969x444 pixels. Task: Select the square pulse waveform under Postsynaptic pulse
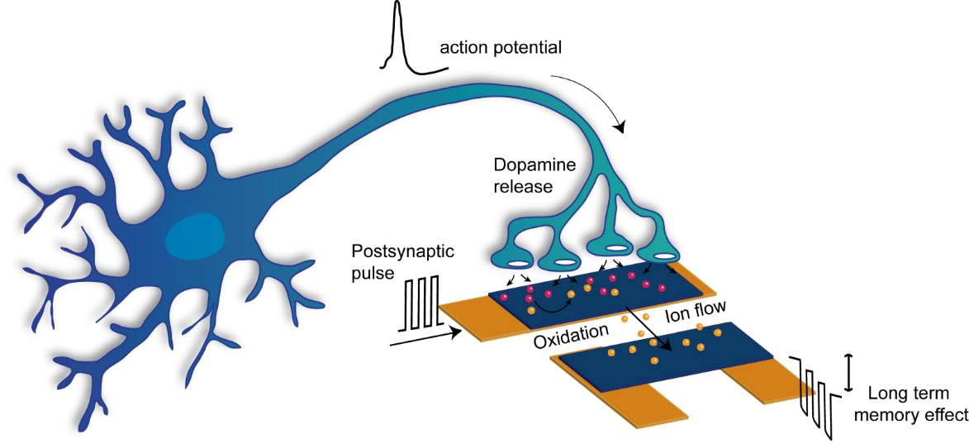(x=420, y=302)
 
